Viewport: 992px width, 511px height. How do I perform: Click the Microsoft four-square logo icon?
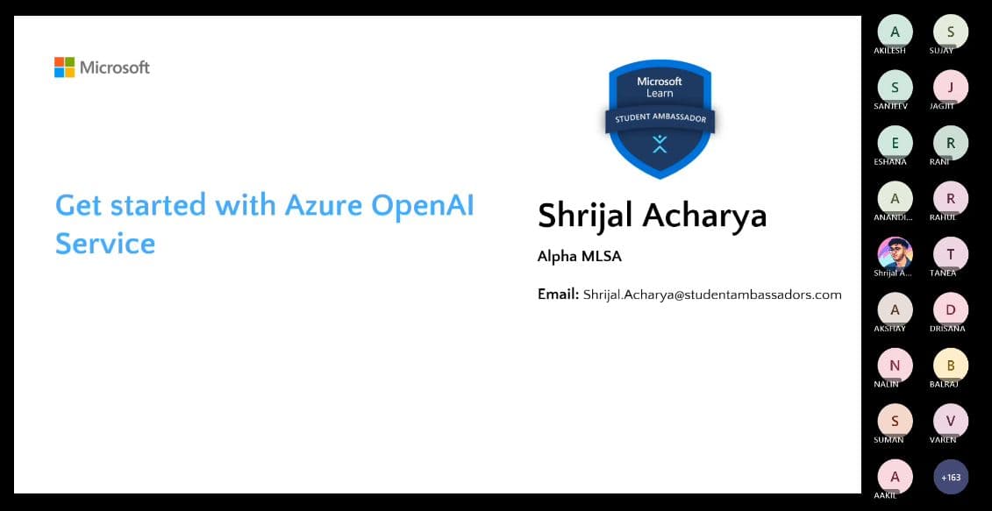(x=64, y=67)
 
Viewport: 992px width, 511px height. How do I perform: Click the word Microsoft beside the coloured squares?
(x=115, y=67)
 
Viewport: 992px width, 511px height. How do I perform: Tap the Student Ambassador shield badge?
(x=660, y=118)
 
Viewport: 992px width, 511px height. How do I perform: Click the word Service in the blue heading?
(x=105, y=243)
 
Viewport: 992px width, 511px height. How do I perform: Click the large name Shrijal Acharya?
(x=652, y=216)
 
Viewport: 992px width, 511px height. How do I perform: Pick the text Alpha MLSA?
(x=579, y=257)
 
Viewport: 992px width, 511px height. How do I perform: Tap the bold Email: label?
(x=558, y=295)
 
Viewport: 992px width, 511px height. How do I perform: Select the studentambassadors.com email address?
(x=711, y=295)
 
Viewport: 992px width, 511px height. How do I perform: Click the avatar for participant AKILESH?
(x=895, y=32)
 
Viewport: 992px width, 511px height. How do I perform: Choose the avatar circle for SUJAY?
(x=951, y=32)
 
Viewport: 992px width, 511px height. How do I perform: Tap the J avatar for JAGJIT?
(x=951, y=87)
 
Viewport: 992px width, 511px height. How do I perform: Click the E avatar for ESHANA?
(x=895, y=143)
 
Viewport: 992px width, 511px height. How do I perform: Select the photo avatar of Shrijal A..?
(x=895, y=254)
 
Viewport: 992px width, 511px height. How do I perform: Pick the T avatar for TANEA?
(x=951, y=254)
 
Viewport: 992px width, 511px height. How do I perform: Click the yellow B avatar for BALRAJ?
(x=951, y=366)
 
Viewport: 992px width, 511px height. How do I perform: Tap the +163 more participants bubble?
(x=951, y=477)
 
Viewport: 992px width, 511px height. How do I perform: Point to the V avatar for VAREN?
(x=951, y=421)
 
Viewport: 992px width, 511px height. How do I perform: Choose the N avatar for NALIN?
(x=895, y=366)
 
